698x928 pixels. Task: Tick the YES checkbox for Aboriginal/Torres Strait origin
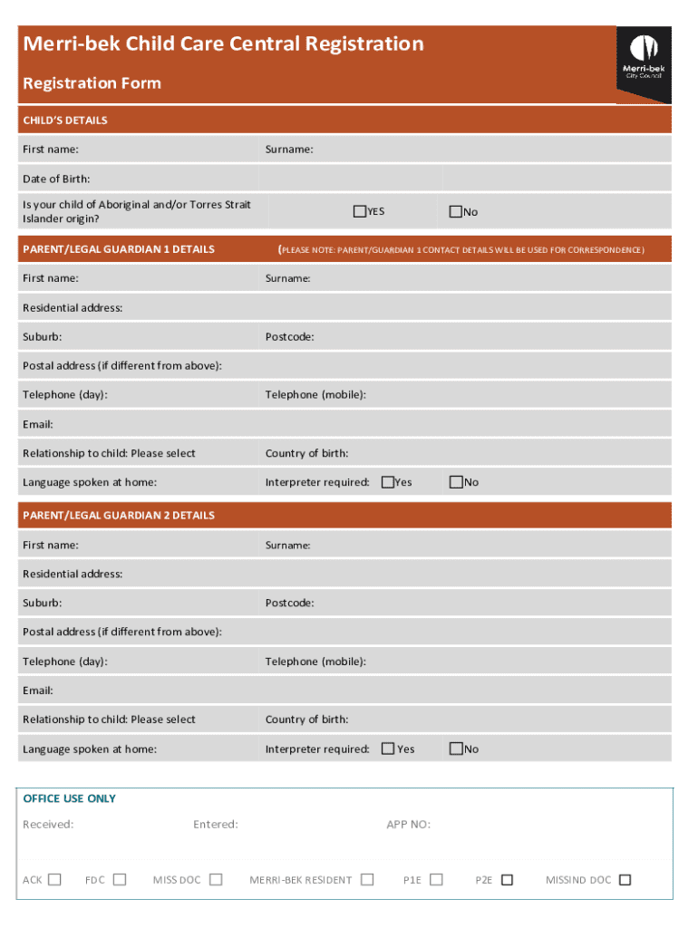tap(360, 211)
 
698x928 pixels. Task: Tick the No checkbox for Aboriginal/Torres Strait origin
tap(456, 211)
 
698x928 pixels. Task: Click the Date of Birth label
tap(56, 179)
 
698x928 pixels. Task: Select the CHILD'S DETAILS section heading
tap(65, 121)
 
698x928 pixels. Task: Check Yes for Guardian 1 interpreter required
tap(388, 482)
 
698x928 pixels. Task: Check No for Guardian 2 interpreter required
tap(456, 749)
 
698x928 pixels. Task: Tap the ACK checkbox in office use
tap(54, 879)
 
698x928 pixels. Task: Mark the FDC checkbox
tap(120, 879)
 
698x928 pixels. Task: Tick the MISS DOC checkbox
tap(216, 879)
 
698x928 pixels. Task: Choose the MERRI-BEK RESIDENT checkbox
tap(367, 879)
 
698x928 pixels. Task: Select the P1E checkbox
tap(436, 879)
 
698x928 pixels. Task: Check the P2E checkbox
tap(507, 879)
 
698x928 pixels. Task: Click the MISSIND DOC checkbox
tap(625, 879)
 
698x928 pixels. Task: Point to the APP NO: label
tap(408, 824)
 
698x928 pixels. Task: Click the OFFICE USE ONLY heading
tap(69, 798)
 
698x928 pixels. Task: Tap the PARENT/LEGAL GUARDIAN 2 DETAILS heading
tap(119, 515)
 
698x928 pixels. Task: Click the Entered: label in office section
tap(216, 824)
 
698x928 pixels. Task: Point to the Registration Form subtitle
tap(92, 83)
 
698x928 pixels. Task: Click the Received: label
tap(48, 824)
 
